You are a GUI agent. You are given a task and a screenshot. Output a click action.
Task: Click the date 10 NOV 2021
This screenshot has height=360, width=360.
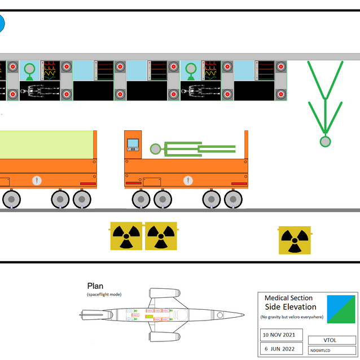click(280, 335)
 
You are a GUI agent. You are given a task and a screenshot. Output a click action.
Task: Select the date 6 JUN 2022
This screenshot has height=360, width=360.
click(280, 348)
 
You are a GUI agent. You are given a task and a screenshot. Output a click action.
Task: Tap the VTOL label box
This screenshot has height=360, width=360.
click(330, 340)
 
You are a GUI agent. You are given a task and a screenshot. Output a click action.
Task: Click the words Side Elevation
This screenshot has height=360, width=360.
click(291, 307)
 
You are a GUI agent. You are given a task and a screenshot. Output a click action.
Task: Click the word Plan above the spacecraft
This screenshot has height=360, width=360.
click(95, 286)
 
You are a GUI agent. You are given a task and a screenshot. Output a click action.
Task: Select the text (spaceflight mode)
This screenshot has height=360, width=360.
click(104, 295)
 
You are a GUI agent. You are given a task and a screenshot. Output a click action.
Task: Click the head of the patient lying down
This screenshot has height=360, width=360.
click(155, 149)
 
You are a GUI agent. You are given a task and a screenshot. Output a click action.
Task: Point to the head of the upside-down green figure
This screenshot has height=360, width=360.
click(325, 141)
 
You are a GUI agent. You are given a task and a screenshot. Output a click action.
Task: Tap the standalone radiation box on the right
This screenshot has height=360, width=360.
click(294, 240)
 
